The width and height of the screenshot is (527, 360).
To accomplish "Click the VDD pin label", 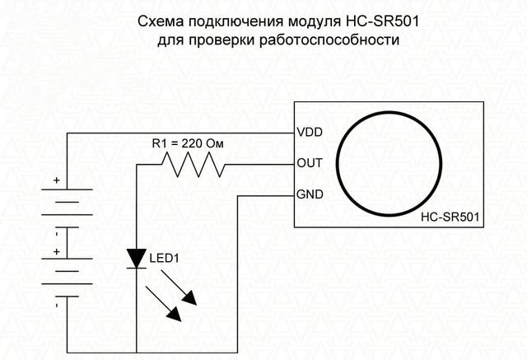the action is (x=310, y=132).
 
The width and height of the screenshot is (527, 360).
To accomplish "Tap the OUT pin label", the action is (x=310, y=163).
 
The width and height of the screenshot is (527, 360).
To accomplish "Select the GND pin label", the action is (x=310, y=194).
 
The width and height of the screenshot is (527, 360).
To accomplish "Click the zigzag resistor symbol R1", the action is (x=194, y=165).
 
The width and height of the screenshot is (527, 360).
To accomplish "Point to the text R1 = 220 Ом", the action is (x=188, y=144).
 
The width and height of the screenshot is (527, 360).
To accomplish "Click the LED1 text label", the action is (x=165, y=259).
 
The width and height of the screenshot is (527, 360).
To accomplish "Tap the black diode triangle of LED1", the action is (x=137, y=259).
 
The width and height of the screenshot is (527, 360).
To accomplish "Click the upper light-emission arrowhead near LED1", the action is (x=190, y=298).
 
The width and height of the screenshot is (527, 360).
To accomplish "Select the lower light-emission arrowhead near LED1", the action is (x=175, y=314).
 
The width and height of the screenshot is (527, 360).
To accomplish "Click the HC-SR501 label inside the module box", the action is (x=450, y=217).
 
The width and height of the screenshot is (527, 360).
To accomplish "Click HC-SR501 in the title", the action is (x=382, y=22).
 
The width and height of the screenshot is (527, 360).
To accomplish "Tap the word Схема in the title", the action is (x=161, y=22).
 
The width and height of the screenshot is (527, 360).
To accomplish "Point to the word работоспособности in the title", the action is (x=329, y=40).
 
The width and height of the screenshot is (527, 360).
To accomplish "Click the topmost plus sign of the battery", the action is (x=57, y=180).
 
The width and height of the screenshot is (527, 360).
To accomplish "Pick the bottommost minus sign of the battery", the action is (x=57, y=306).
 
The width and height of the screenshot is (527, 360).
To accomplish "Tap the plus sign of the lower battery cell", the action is (x=57, y=252).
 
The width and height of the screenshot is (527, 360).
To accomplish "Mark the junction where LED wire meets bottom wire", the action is (x=137, y=353).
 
